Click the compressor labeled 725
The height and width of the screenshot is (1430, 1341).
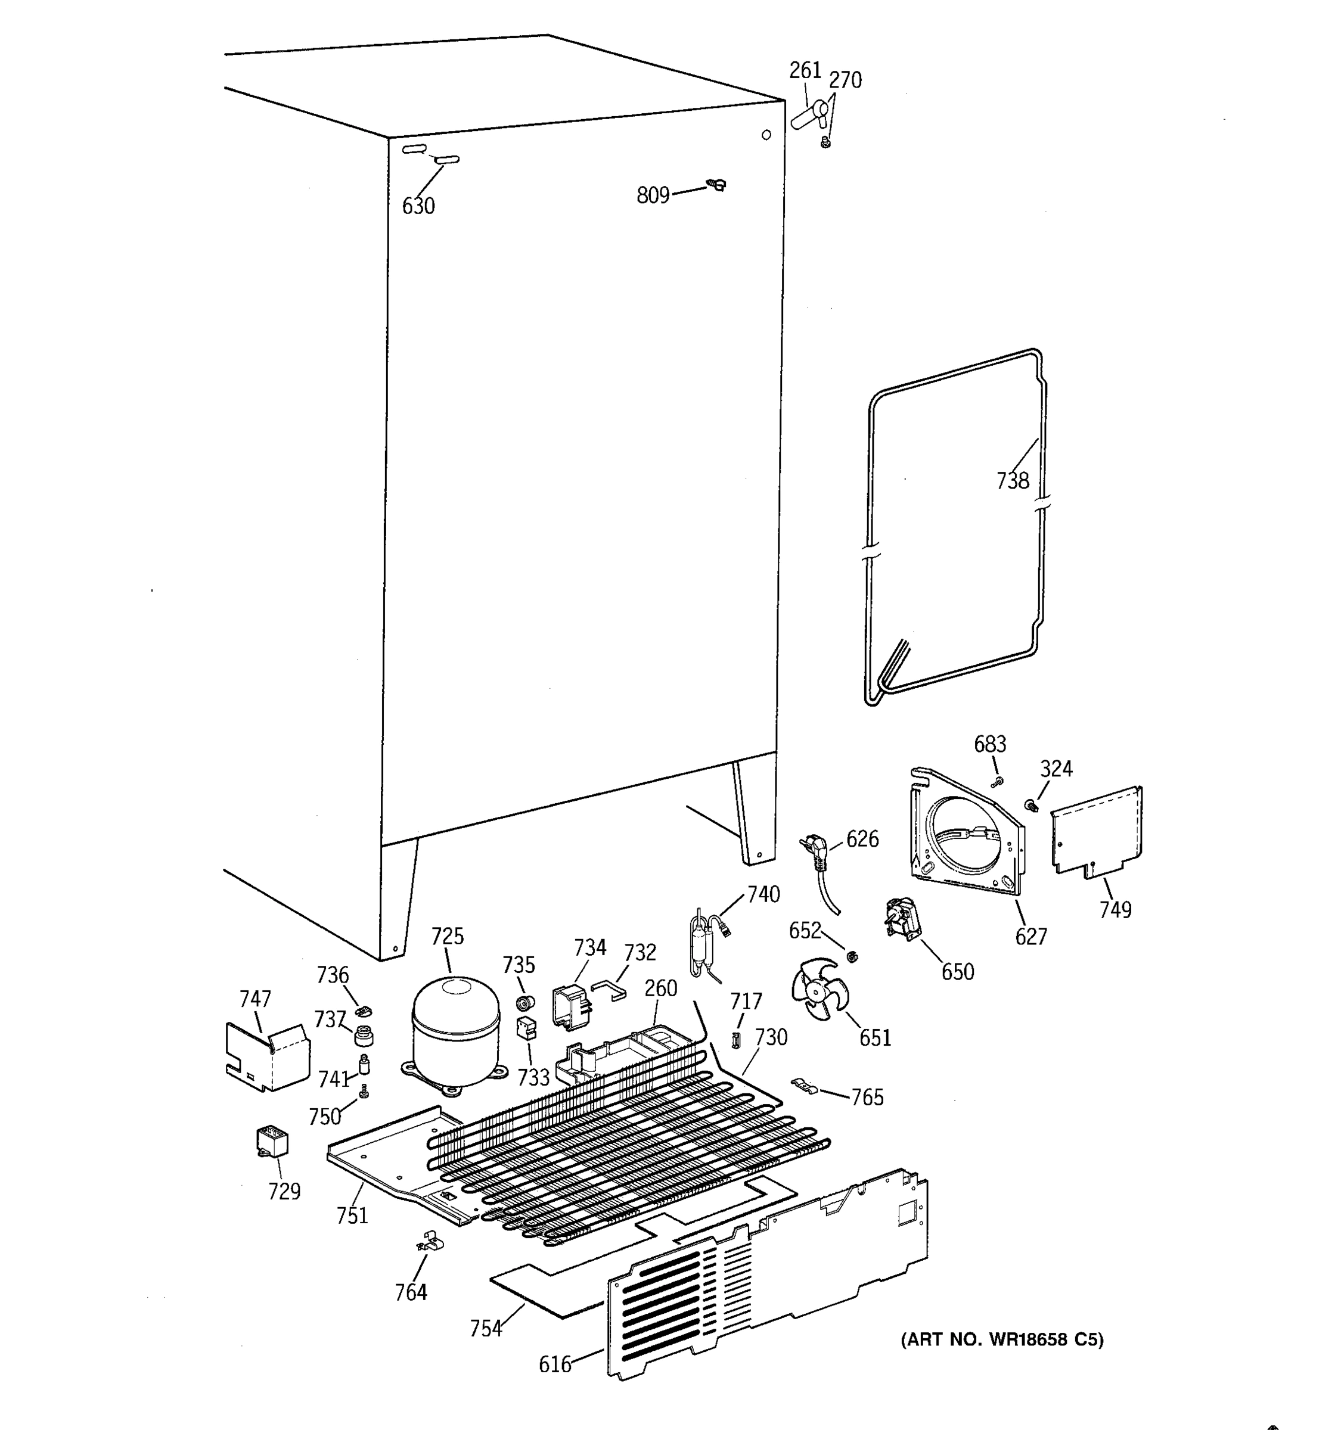455,1030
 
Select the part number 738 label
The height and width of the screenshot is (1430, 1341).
1012,480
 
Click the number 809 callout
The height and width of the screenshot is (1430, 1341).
653,195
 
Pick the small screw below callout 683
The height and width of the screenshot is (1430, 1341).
997,782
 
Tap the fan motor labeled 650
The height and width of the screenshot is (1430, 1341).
901,919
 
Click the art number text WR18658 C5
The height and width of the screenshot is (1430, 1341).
1002,1339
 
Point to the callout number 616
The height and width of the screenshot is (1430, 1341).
555,1364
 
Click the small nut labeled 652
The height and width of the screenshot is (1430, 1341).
851,957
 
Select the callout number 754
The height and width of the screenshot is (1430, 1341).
486,1328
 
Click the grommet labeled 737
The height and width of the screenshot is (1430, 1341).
365,1035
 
